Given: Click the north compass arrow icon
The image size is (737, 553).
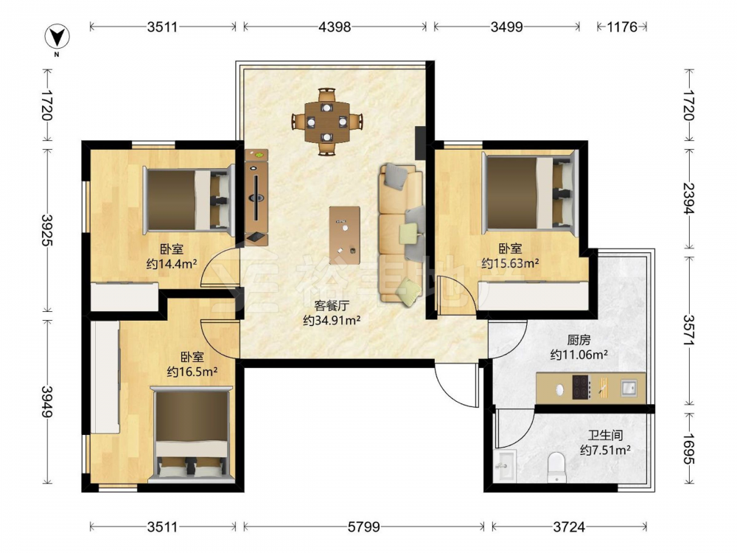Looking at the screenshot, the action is [x=57, y=36].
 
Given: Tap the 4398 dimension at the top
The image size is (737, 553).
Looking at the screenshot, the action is [x=335, y=27].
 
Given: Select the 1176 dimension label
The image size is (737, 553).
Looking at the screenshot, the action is [x=622, y=27].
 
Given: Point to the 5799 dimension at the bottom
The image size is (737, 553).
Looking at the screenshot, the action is [x=364, y=527].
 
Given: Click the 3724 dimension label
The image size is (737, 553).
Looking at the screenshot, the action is [x=569, y=527].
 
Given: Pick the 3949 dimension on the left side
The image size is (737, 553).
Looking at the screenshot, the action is [x=47, y=401].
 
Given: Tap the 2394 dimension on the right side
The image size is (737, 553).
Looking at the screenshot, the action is [x=689, y=198].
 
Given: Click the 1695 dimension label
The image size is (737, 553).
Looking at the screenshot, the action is [x=689, y=448].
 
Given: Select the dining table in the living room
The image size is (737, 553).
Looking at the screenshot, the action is [x=327, y=122].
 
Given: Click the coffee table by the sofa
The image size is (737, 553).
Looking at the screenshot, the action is [x=344, y=235].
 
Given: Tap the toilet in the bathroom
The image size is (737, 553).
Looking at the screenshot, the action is [x=557, y=467].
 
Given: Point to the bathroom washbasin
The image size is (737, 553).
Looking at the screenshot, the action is [x=506, y=465].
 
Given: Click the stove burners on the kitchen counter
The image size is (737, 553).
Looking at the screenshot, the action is [x=581, y=388].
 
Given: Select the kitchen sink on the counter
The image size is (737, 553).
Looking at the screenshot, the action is [x=629, y=388].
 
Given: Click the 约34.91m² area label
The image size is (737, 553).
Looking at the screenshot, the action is [x=332, y=321].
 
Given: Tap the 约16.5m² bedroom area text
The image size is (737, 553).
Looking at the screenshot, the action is [x=192, y=372].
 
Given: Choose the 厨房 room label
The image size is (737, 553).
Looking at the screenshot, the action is [x=579, y=339].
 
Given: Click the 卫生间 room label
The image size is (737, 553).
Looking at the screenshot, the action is [x=605, y=436].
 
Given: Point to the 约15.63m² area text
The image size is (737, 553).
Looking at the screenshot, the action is [x=510, y=263].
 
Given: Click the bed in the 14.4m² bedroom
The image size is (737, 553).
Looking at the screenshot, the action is [x=189, y=199].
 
